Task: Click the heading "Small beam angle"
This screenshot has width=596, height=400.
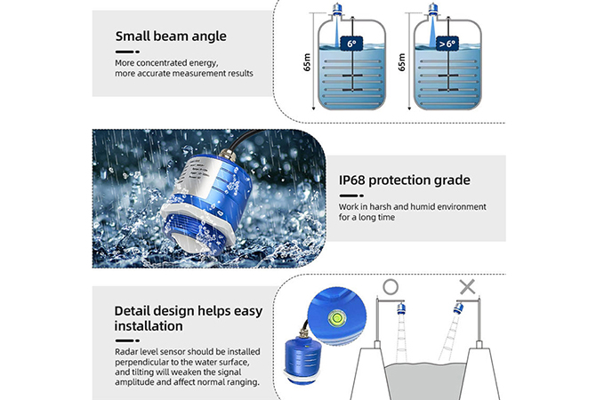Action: pos(171,36)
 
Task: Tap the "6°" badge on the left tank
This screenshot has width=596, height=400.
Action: pos(351,44)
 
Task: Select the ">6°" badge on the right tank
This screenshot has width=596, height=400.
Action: pos(447,44)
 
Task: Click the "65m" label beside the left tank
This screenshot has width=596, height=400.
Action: pos(307,62)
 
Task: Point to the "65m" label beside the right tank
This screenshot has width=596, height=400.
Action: pos(402,62)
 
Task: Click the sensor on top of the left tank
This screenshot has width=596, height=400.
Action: pos(337,10)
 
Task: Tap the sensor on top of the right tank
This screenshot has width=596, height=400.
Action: pos(432,10)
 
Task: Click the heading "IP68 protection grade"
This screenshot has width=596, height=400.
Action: pos(405,180)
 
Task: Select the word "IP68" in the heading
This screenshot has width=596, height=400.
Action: pos(352,180)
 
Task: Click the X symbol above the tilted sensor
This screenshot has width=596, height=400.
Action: pos(468,287)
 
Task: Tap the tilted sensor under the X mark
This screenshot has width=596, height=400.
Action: pos(458,308)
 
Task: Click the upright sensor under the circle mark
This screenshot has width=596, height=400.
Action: pos(401,309)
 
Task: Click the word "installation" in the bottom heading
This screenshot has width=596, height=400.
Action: pos(149,326)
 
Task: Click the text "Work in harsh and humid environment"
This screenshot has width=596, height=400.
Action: pos(413,206)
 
